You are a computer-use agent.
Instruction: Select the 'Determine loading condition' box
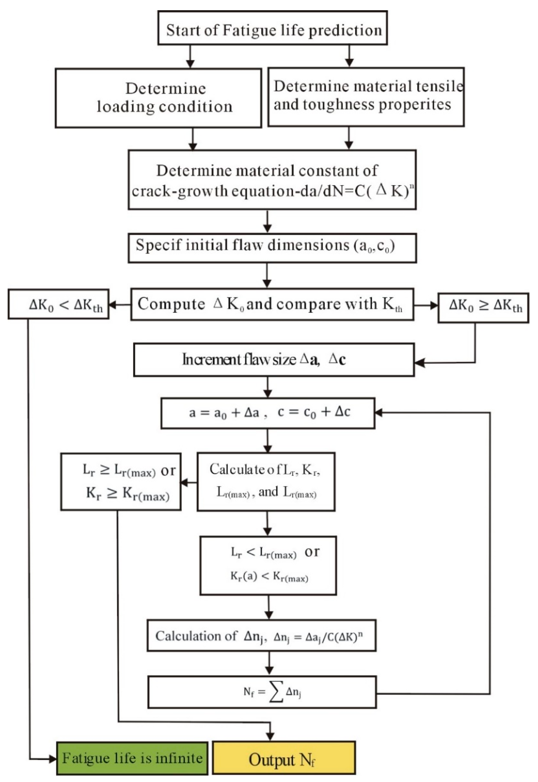(158, 98)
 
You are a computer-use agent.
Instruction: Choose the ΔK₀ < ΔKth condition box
(58, 304)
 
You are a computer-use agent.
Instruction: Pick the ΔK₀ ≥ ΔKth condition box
(483, 308)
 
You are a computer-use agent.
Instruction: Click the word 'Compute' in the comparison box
(171, 304)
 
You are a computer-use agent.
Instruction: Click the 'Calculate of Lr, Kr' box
(266, 481)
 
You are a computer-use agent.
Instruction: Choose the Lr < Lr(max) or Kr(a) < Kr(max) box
(268, 565)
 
